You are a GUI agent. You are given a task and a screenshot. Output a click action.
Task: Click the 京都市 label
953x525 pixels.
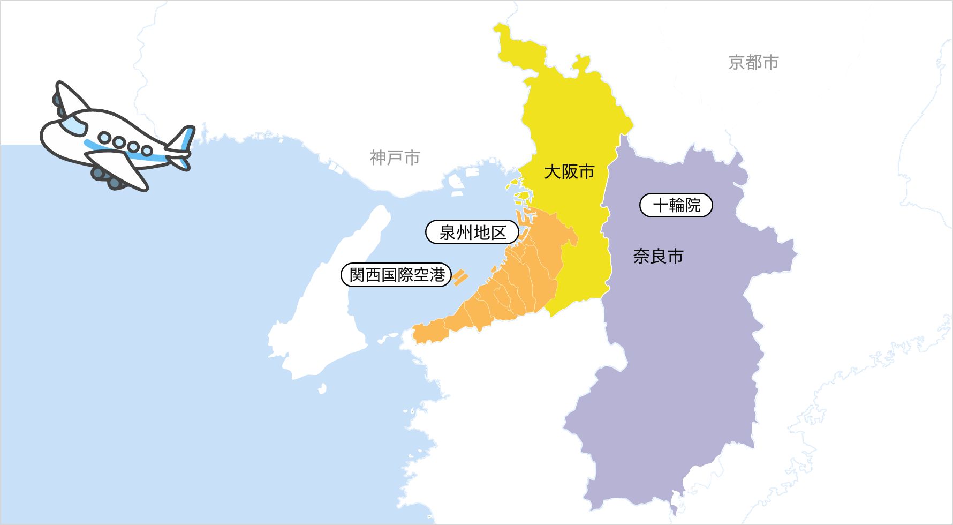pos(753,63)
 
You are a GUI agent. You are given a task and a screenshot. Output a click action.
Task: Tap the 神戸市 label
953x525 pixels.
pos(395,158)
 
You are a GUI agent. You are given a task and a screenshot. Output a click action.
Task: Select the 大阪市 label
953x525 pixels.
pos(569,172)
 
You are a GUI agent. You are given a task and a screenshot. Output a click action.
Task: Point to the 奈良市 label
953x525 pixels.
pos(658,257)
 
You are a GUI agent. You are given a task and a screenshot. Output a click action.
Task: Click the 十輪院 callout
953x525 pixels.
pos(676,205)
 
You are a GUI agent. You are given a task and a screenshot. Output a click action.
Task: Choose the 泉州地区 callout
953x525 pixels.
pos(472,233)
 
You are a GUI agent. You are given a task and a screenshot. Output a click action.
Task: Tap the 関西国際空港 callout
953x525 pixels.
pos(397,275)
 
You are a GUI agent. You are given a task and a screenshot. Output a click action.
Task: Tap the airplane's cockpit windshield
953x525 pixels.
pos(73,125)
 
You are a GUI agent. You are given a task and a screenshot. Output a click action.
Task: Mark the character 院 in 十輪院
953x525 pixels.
pos(692,205)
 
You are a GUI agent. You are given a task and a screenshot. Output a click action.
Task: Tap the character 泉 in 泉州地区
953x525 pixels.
pos(448,233)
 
